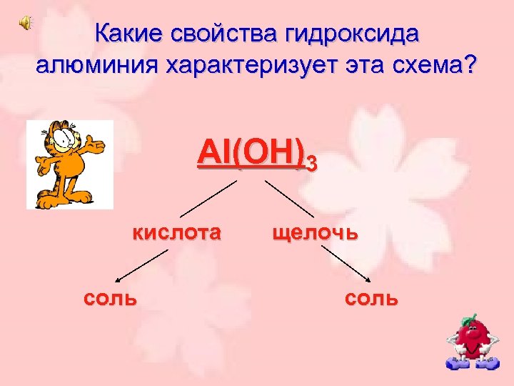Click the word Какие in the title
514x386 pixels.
pos(127,34)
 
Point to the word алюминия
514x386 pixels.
pos(98,66)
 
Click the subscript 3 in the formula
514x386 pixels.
pos(310,167)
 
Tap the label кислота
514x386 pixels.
pos(175,232)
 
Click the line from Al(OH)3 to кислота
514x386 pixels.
pos(207,199)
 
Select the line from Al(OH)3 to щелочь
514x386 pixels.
pos(289,199)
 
